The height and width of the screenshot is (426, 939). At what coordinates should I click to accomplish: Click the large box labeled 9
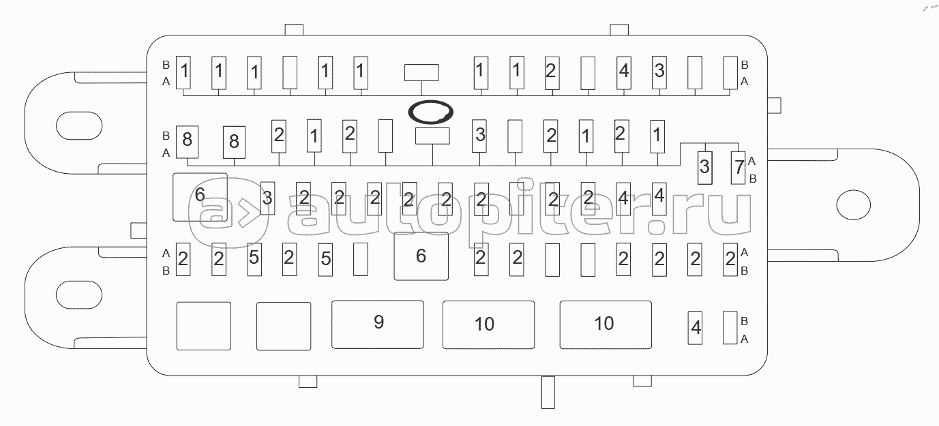378,323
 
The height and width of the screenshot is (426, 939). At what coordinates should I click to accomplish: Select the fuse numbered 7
739,167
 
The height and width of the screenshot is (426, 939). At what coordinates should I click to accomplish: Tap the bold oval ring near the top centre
430,112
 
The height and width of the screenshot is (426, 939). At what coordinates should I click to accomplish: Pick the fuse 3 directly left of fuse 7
704,167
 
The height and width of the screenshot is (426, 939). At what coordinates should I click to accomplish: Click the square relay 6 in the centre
421,256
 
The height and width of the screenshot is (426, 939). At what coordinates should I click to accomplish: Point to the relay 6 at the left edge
200,196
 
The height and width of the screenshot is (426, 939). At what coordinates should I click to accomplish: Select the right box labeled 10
603,323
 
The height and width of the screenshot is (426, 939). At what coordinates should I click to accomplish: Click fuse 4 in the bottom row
696,328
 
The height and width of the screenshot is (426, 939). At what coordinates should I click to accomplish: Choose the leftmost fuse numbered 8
187,141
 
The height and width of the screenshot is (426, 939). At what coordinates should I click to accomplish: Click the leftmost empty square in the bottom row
204,326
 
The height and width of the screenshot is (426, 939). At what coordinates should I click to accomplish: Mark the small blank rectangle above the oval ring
421,72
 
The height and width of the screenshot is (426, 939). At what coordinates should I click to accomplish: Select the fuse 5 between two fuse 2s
254,259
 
